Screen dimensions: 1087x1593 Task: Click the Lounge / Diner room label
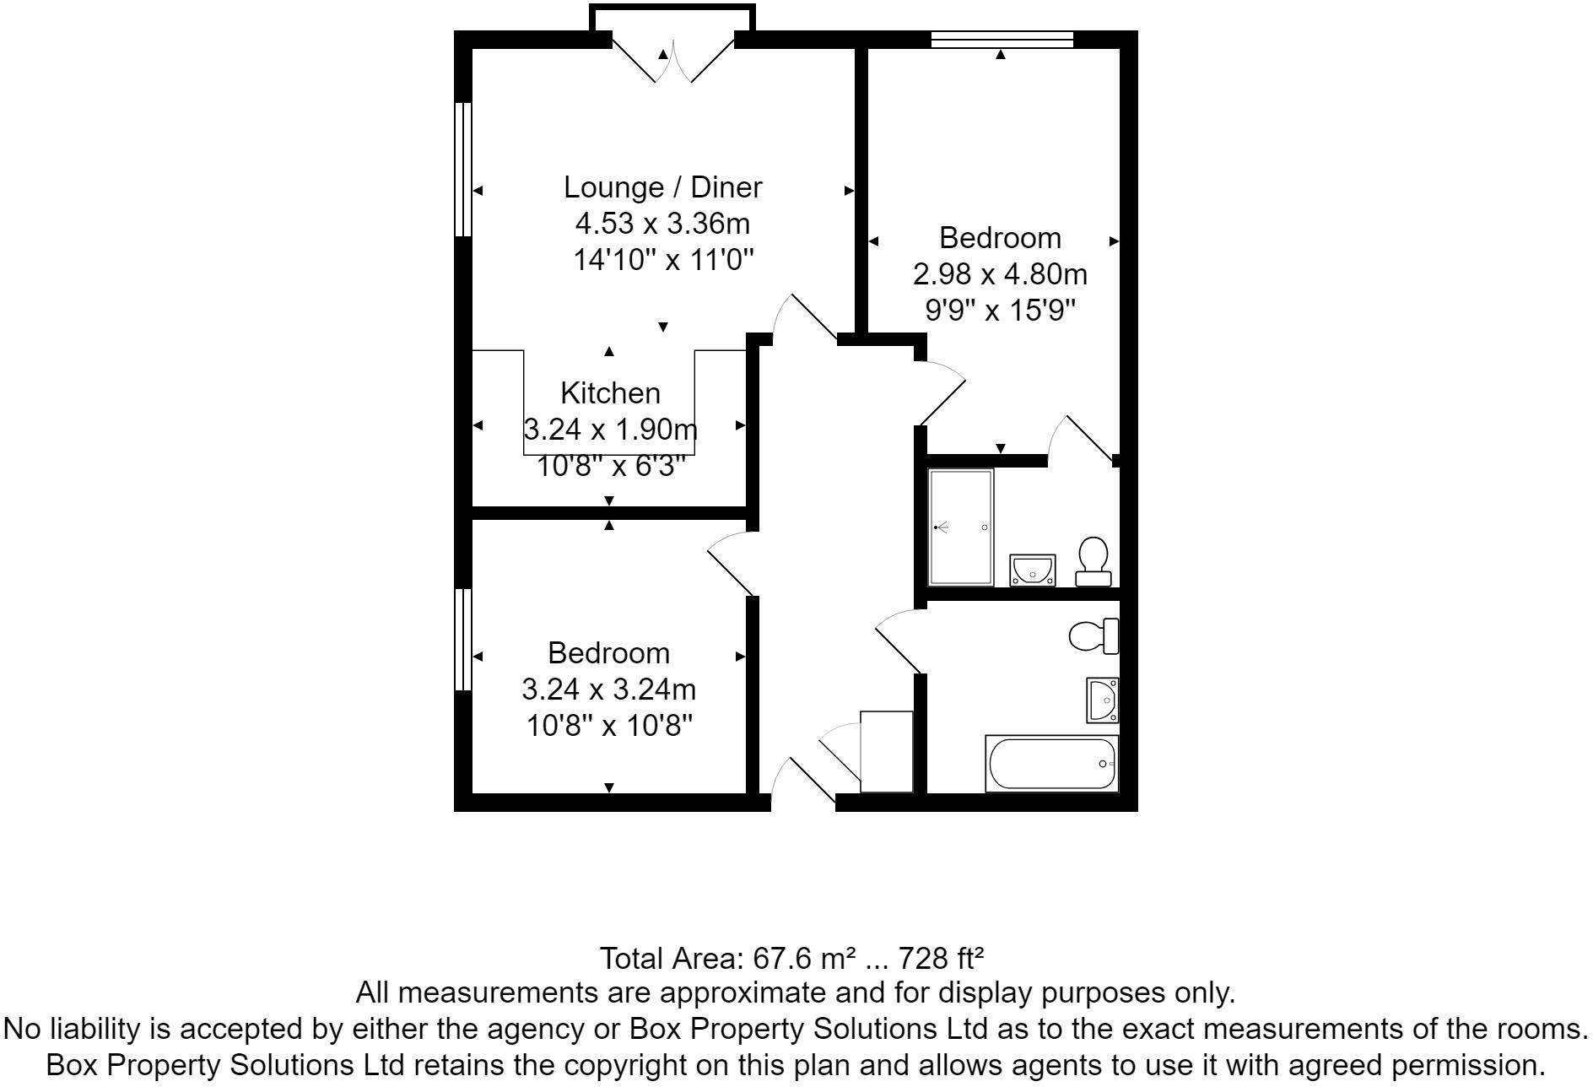click(x=662, y=187)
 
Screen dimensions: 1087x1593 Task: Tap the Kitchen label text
click(x=610, y=393)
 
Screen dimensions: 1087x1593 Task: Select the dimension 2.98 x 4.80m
click(x=1000, y=274)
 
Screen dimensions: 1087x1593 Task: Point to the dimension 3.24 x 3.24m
click(x=608, y=690)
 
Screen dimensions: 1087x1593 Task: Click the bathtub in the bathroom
click(x=1051, y=764)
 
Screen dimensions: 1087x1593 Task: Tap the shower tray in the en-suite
click(x=961, y=527)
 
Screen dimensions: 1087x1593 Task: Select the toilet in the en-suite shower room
click(x=1093, y=562)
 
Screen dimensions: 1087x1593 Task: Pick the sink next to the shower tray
click(x=1033, y=570)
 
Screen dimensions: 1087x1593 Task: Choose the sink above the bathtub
click(x=1103, y=700)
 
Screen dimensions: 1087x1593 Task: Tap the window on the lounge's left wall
click(x=462, y=169)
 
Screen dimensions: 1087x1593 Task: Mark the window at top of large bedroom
click(x=1002, y=39)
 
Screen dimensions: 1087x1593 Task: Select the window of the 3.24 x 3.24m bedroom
click(x=462, y=639)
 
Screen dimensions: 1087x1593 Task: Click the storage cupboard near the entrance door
click(x=886, y=751)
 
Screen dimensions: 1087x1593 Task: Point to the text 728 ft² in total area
click(x=942, y=959)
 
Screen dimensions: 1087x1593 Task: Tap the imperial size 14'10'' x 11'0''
click(x=662, y=260)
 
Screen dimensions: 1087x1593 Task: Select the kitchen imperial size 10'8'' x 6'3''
click(x=610, y=465)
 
